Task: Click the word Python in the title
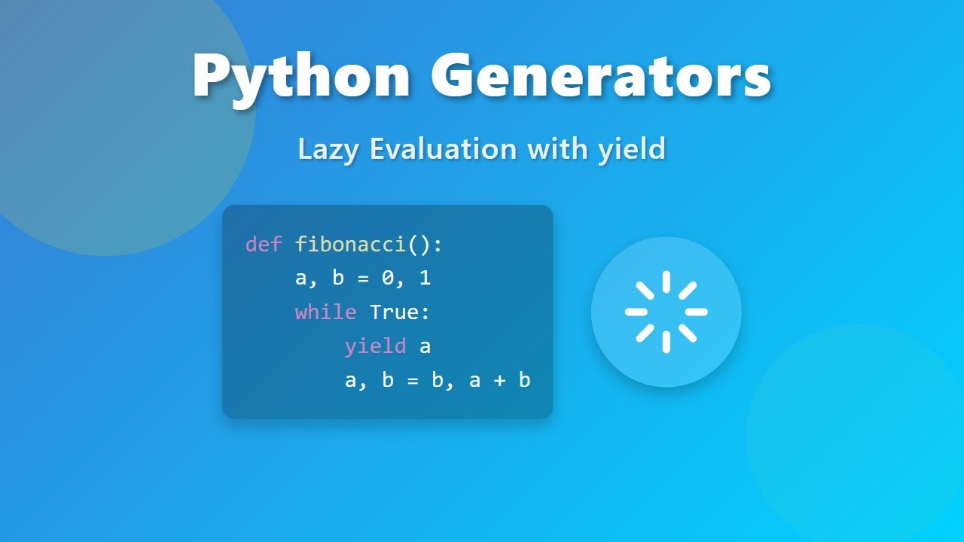[x=301, y=77]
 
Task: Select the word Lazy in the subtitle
[x=329, y=148]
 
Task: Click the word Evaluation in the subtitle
[x=443, y=148]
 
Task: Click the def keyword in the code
[x=264, y=245]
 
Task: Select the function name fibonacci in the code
[x=350, y=245]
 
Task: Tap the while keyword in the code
[x=325, y=312]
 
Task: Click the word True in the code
[x=394, y=312]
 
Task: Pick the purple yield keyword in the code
[x=375, y=346]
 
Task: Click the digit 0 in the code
[x=387, y=279]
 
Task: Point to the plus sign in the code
[x=499, y=380]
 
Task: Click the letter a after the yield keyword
[x=425, y=346]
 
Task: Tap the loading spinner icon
[x=666, y=312]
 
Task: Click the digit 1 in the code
[x=425, y=279]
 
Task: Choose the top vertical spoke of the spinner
[x=666, y=282]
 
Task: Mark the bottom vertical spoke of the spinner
[x=666, y=342]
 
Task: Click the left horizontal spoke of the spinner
[x=636, y=312]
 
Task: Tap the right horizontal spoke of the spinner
[x=696, y=312]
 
